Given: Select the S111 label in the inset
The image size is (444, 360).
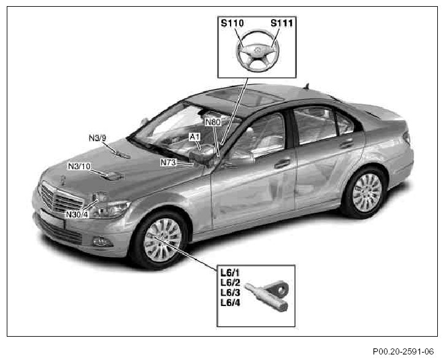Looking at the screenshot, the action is pos(282,25).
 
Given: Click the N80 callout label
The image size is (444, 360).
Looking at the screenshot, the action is pos(213,122).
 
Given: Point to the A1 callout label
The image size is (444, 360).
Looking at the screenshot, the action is pos(195,136).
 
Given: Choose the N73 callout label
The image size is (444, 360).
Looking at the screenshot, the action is pos(169,163).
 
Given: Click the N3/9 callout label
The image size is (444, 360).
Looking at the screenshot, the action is pos(98,138).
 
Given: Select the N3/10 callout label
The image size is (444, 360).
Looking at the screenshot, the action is pos(79,166).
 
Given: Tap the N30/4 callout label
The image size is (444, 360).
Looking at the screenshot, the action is pos(78,214).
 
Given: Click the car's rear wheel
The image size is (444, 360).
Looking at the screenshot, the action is pos(367,193).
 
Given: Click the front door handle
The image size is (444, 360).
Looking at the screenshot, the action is pos(283,164).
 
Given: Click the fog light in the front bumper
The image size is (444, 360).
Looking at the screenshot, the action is pos(100,241).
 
